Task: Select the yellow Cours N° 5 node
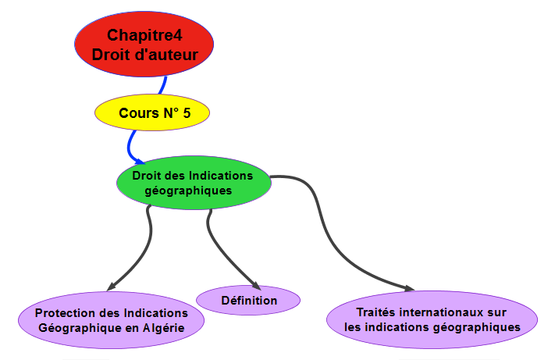[x=154, y=113]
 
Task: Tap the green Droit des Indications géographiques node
[x=193, y=183]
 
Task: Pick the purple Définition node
[x=248, y=300]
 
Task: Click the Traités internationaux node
[x=432, y=320]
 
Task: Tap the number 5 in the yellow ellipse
[x=186, y=113]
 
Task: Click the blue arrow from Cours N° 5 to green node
[x=131, y=144]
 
